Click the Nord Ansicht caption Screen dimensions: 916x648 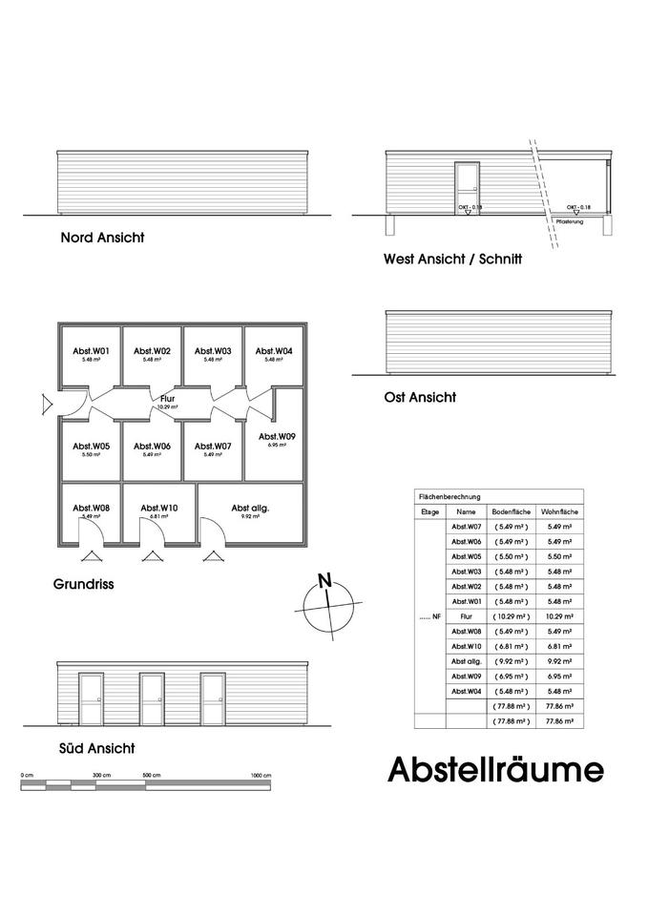pos(102,238)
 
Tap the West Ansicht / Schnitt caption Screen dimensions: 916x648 pos(452,259)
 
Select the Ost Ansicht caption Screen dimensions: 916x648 pos(419,397)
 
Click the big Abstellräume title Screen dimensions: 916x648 pos(495,769)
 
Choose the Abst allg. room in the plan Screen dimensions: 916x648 pos(250,512)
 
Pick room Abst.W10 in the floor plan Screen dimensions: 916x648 pos(153,510)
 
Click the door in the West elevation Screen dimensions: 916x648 pos(467,188)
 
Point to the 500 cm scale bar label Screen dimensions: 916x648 pos(152,776)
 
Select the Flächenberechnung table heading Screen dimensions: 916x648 pos(450,497)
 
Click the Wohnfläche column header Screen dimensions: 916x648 pos(559,511)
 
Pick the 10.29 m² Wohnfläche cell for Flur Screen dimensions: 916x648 pos(559,615)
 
